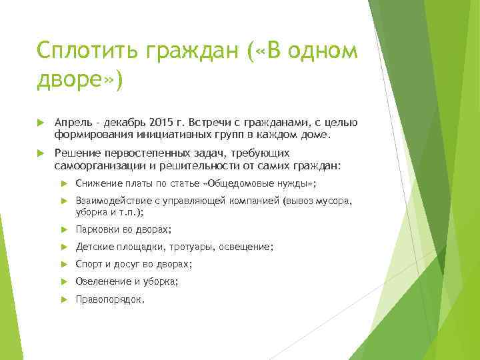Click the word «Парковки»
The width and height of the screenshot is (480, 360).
point(97,229)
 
